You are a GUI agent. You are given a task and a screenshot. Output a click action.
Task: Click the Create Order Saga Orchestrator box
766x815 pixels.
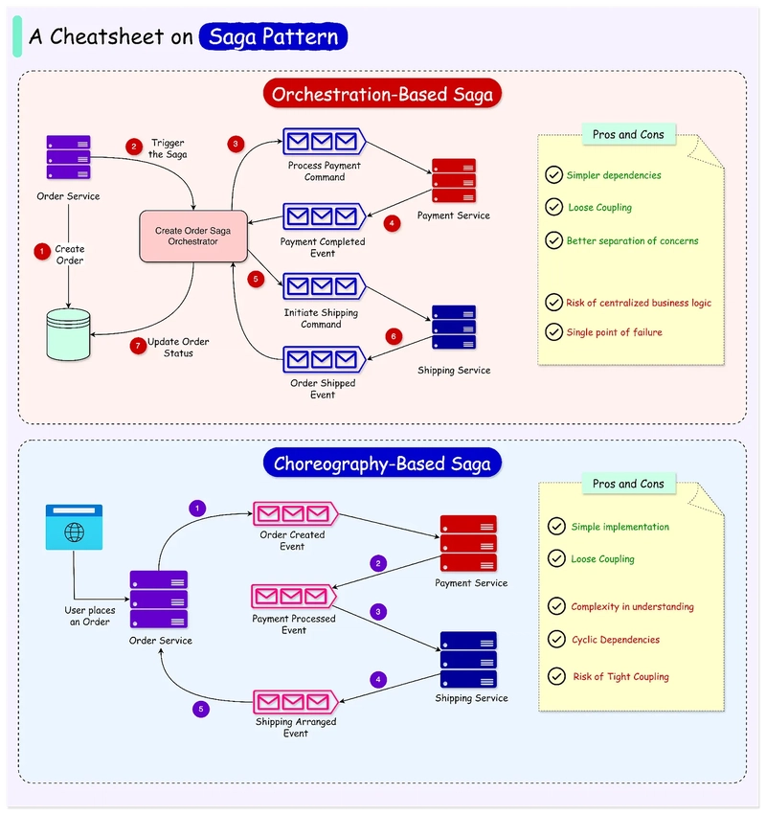193,236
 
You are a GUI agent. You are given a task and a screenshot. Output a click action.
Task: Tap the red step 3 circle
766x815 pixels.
236,144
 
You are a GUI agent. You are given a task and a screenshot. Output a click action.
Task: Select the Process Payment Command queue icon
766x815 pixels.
325,142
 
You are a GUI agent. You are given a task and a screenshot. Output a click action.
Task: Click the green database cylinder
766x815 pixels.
68,334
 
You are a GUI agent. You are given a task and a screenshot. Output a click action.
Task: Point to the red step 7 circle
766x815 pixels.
138,346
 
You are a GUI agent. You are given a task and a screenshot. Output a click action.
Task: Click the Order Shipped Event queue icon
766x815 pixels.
325,360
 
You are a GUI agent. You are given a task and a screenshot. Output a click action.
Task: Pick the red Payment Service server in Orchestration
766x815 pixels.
454,180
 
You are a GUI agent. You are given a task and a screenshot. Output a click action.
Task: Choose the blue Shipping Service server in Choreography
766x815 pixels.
468,660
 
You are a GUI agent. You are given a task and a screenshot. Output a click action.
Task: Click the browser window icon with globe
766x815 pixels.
74,527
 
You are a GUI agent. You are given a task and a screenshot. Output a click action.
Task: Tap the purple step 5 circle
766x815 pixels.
200,709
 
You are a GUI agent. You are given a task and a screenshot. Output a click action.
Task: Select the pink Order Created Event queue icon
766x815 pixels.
295,514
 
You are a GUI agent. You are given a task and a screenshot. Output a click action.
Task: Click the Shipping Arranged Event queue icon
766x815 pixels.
295,702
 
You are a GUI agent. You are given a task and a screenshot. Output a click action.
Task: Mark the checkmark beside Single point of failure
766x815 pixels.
554,331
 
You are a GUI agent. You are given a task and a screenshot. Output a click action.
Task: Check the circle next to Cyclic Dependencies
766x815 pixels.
556,639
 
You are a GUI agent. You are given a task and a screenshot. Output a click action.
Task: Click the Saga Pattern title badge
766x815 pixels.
273,36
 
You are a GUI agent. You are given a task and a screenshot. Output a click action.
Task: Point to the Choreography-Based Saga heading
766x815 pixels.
382,464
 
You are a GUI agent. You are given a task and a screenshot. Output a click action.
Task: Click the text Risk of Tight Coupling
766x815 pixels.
621,676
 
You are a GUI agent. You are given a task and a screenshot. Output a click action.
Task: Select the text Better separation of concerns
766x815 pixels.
633,240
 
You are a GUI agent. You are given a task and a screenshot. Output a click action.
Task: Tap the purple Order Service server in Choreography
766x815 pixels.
159,600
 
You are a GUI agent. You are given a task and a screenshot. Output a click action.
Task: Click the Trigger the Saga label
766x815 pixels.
168,148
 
